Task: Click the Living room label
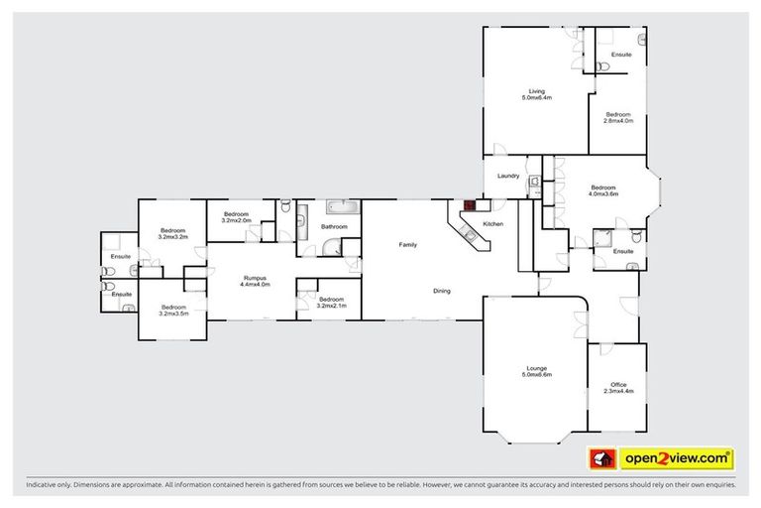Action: click(x=536, y=94)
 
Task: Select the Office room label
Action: click(x=618, y=388)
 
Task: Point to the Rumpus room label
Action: click(x=255, y=281)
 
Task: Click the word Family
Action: click(x=407, y=244)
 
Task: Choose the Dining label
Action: click(x=442, y=291)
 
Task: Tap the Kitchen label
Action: click(x=492, y=225)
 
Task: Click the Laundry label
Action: click(x=509, y=177)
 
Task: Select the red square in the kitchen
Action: click(x=470, y=206)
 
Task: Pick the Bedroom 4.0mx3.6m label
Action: click(x=603, y=190)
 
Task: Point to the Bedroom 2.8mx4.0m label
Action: click(x=617, y=117)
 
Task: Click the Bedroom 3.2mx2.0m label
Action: click(x=236, y=217)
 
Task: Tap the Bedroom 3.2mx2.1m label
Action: click(x=331, y=301)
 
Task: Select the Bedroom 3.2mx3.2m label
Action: click(x=173, y=234)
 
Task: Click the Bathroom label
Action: click(x=334, y=227)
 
